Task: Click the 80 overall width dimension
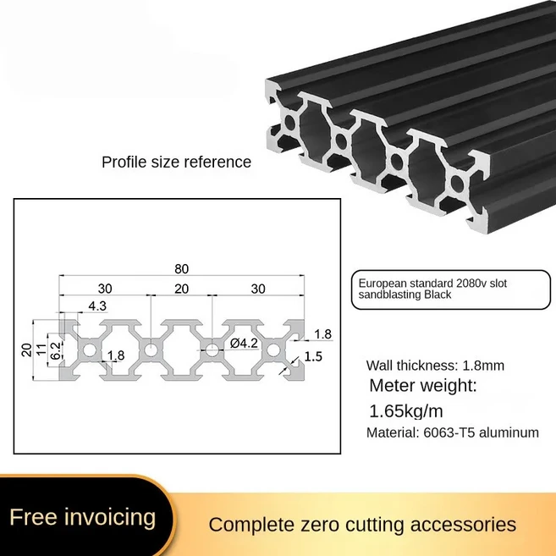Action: (x=181, y=269)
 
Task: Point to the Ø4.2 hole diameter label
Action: (x=244, y=344)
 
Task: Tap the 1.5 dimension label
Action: (x=313, y=356)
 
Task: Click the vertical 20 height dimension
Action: (x=27, y=350)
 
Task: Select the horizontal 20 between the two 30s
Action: (x=181, y=288)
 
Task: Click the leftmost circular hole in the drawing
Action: (x=87, y=350)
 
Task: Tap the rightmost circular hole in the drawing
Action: (x=274, y=350)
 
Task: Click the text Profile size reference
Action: (x=177, y=162)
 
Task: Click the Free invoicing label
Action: (x=83, y=516)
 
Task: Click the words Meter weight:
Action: (x=423, y=387)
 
